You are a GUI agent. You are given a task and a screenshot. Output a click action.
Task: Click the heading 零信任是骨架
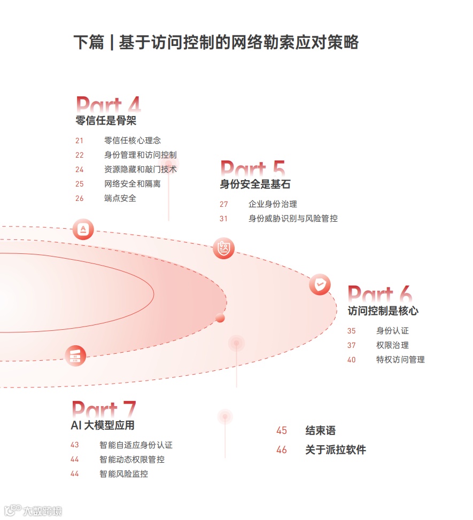tap(106, 121)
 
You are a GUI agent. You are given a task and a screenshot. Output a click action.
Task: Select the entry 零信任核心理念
tap(132, 141)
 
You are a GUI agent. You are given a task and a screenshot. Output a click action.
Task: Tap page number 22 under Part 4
tap(80, 155)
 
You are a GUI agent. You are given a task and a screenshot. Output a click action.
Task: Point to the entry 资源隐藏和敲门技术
tap(140, 169)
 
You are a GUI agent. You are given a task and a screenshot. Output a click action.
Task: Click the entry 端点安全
tap(120, 198)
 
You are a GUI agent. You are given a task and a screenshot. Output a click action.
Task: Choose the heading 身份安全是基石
tap(255, 184)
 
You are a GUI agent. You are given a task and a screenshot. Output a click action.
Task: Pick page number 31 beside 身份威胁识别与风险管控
tap(223, 219)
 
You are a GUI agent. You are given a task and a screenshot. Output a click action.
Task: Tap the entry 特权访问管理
tap(400, 360)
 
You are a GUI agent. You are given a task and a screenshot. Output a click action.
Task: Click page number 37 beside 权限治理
tap(351, 345)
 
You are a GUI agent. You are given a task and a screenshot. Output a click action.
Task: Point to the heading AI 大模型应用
tap(103, 425)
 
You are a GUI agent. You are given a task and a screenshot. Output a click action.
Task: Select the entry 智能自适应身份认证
tap(136, 445)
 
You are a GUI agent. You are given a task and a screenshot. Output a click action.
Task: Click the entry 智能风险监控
tap(123, 474)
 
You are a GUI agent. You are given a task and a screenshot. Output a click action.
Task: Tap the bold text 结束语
tap(320, 431)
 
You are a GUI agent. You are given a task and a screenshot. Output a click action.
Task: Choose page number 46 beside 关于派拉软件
tap(282, 450)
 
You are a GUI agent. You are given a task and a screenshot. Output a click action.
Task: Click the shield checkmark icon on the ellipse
tap(320, 284)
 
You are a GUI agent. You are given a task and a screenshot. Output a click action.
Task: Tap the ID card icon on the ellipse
tap(223, 248)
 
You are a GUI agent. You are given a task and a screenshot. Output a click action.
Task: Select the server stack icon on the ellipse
tap(75, 355)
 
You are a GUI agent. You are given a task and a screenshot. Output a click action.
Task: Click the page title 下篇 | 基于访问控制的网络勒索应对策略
tap(215, 42)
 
